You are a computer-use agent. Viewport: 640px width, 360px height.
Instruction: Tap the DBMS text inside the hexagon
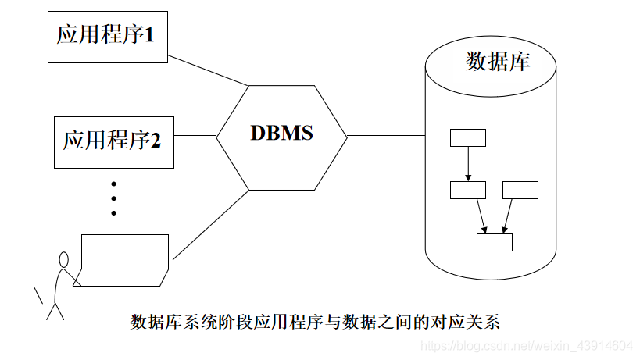281,134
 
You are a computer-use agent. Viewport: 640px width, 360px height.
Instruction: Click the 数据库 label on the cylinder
497,62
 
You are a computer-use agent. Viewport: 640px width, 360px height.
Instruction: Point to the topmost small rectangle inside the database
468,138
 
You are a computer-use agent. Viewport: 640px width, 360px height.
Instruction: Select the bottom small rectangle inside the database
494,242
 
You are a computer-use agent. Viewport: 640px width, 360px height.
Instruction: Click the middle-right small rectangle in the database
520,190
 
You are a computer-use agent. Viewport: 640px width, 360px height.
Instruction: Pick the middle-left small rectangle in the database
468,190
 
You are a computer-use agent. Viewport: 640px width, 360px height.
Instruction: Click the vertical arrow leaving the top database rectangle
468,164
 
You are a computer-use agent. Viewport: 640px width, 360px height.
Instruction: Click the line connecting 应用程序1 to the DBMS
208,70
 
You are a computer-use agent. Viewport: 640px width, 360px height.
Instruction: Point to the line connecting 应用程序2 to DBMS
195,135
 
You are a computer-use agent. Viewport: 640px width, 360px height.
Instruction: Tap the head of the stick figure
63,259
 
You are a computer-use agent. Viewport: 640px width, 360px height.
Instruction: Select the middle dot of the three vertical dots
113,198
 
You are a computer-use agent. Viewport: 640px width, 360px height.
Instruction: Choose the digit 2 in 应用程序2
156,141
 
